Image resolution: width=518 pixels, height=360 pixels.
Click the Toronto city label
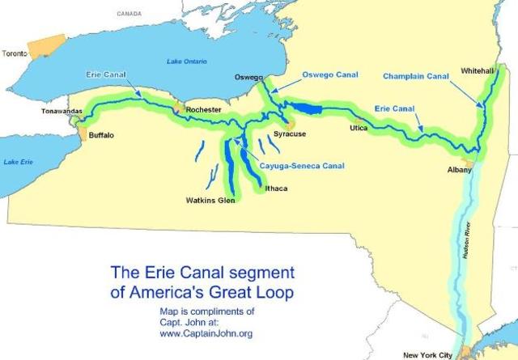[14, 53]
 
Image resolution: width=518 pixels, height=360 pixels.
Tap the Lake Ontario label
[186, 61]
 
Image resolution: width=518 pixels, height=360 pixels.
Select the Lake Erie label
[19, 162]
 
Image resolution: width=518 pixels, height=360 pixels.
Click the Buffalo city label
[101, 135]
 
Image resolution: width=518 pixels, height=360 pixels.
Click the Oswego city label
[248, 78]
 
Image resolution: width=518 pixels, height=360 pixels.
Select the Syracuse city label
[289, 133]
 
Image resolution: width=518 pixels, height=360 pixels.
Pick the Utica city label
[359, 129]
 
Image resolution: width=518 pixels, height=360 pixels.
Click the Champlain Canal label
[416, 77]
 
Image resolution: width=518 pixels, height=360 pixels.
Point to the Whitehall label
[477, 71]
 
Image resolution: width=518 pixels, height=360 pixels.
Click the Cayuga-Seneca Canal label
[302, 167]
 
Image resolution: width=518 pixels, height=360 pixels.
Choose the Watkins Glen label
[210, 200]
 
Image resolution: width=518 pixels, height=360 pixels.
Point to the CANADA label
[129, 14]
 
